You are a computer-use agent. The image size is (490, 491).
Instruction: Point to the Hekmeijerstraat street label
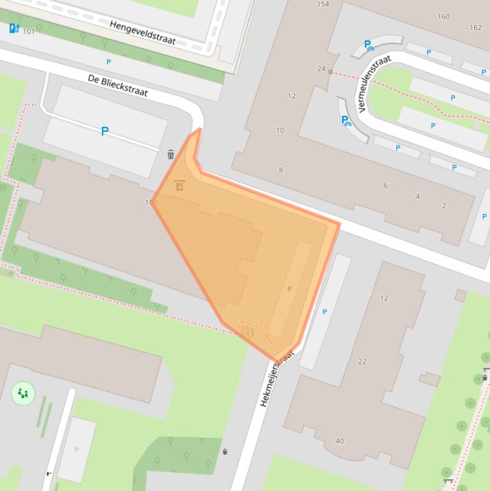click(x=277, y=378)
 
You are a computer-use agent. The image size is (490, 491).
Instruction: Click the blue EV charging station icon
click(x=14, y=28)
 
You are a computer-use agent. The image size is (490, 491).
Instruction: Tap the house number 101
click(x=29, y=31)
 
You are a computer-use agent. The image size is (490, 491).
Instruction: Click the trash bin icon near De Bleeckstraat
click(x=171, y=154)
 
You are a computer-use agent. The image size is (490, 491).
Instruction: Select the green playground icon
click(x=23, y=393)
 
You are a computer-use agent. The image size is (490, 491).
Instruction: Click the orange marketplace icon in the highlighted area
click(x=179, y=186)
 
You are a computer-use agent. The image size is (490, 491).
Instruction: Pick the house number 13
click(x=250, y=333)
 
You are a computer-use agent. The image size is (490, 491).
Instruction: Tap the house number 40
click(x=340, y=441)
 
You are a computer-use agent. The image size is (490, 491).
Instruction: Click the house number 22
click(x=362, y=362)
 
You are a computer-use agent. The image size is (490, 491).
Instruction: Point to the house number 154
click(x=323, y=4)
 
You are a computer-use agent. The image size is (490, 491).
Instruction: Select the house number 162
click(x=475, y=27)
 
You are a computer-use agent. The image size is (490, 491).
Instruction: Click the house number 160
click(x=443, y=17)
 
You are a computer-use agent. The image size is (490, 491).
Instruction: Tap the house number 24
click(x=321, y=69)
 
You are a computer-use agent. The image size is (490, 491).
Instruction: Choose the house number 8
click(x=281, y=170)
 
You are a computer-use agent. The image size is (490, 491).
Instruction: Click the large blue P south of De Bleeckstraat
click(x=104, y=131)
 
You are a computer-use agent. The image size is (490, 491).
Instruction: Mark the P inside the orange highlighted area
click(x=289, y=289)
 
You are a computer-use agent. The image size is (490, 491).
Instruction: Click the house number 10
click(x=280, y=130)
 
